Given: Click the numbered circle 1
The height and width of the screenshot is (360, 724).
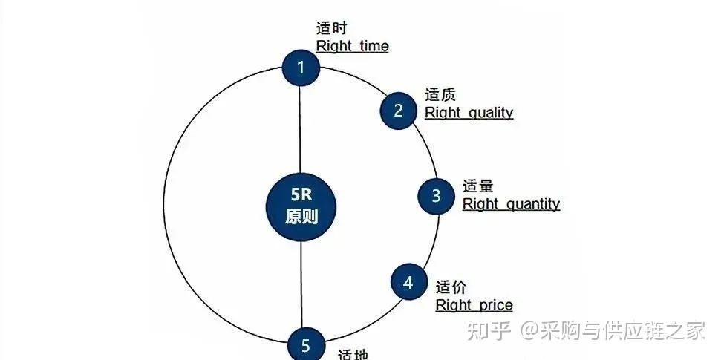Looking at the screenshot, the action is (301, 68).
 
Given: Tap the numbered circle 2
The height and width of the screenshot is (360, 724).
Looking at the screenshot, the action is (399, 111).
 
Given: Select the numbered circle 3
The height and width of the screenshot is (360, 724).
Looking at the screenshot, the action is (436, 196).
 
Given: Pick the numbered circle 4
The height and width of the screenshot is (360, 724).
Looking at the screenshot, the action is (408, 283).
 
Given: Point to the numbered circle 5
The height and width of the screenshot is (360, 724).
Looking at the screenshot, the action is (306, 345).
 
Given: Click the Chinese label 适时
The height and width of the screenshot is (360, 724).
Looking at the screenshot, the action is (332, 29).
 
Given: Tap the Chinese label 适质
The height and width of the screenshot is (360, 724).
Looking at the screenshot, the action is (440, 95).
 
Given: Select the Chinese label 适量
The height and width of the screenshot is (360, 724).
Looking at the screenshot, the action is (477, 186).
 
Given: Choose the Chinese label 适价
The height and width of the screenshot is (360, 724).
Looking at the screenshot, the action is (451, 287).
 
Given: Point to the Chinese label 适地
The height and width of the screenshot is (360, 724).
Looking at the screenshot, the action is (353, 354).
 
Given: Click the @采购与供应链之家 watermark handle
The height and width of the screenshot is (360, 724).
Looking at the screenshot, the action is (613, 330).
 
